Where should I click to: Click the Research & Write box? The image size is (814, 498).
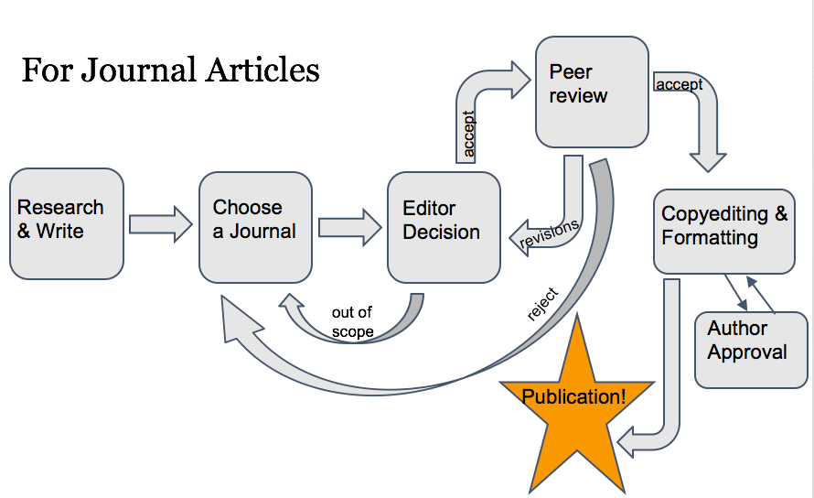coord(66,223)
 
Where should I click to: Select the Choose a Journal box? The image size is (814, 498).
coord(255,226)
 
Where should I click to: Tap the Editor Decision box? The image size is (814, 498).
coord(444,226)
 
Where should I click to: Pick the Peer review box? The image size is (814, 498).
coord(592,92)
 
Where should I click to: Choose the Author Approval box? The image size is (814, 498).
coord(751,350)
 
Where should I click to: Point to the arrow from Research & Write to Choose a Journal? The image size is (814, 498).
coord(160,224)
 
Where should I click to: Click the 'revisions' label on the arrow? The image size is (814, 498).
coord(549,233)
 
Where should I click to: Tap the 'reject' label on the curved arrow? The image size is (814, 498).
coord(542,305)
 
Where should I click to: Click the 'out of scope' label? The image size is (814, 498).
coord(352,322)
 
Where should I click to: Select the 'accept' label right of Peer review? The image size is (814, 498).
coord(679,84)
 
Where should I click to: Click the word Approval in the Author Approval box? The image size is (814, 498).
coord(747,352)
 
